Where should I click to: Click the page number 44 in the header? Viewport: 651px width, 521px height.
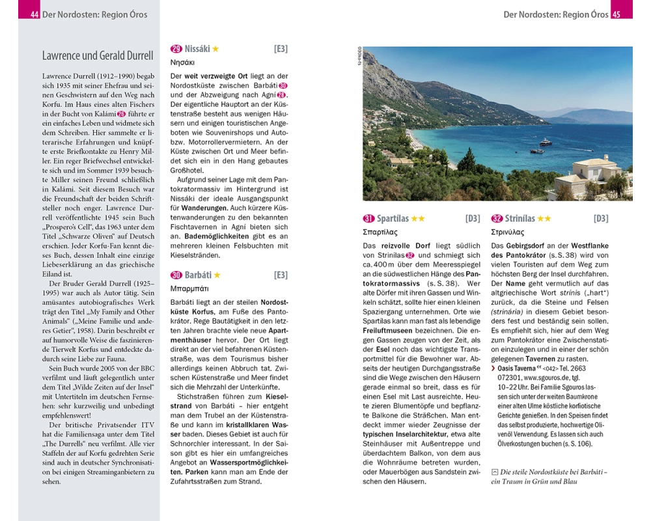(x=35, y=14)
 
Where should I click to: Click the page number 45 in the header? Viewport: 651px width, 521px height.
(x=616, y=14)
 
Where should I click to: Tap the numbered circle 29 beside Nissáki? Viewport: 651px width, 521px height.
(x=176, y=49)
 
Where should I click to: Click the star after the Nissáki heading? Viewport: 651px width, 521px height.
(x=215, y=49)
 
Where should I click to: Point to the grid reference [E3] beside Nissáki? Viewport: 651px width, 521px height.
(x=281, y=49)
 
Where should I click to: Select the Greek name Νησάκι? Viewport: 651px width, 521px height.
(x=183, y=63)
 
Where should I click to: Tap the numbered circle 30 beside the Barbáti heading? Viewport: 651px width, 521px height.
(x=176, y=275)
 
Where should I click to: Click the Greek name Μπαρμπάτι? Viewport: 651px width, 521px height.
(x=189, y=289)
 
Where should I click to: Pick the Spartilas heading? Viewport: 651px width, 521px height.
(x=392, y=219)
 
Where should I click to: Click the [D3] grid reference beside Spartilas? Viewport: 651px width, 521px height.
(x=473, y=219)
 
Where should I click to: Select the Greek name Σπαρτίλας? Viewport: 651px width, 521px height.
(x=380, y=232)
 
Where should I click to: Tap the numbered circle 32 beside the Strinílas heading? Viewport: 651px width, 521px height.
(x=497, y=219)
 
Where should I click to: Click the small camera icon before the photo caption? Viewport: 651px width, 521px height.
(x=495, y=471)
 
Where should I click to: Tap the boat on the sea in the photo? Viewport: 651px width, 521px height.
(x=545, y=142)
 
